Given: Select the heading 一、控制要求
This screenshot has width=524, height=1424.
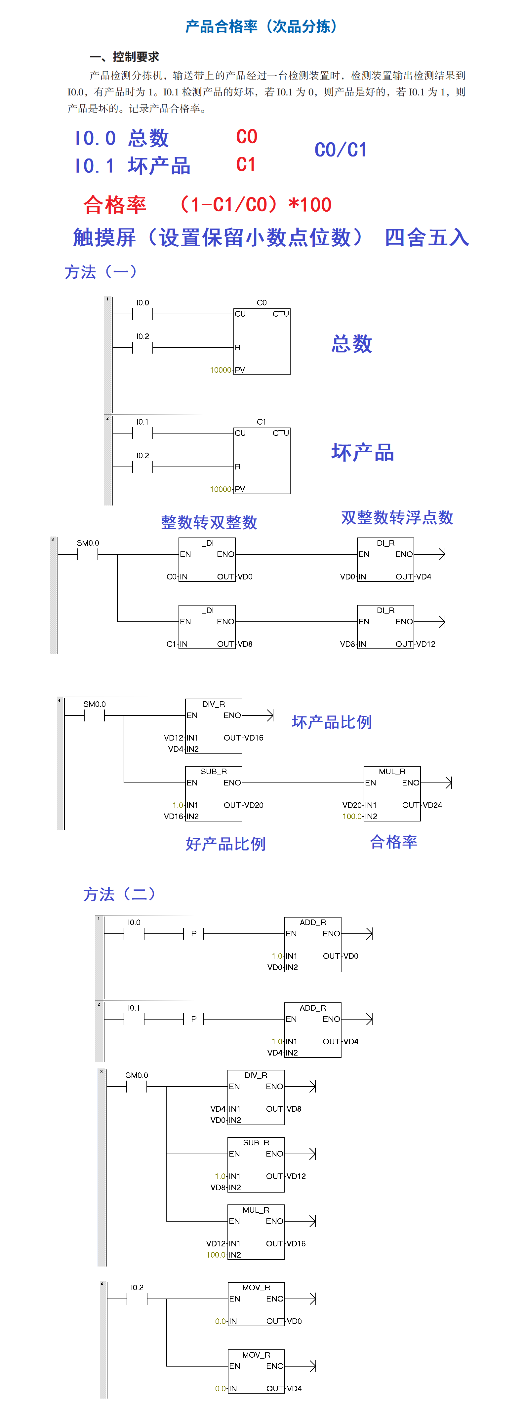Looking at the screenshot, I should [x=125, y=56].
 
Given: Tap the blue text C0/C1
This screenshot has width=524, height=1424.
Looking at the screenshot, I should [x=340, y=150].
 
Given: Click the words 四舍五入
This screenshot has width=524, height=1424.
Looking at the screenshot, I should [x=426, y=238].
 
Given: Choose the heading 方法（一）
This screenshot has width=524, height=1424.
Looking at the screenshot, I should [x=101, y=271].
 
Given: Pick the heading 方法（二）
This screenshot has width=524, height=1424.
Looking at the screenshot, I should [x=119, y=894].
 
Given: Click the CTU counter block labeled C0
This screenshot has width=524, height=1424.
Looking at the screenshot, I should [x=262, y=341].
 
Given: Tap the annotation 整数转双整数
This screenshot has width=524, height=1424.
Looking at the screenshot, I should [x=209, y=522].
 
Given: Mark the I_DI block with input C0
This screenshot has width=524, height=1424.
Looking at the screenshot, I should [x=207, y=559].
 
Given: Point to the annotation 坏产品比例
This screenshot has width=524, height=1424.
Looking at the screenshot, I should [x=332, y=722].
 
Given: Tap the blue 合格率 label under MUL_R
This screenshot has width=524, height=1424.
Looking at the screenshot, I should [x=393, y=842].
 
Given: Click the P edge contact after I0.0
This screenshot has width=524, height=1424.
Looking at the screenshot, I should [x=194, y=934].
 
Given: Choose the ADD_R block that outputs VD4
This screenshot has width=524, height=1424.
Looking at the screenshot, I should [x=313, y=1030].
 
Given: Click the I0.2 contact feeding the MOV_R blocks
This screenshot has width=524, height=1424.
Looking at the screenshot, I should [x=137, y=1299].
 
